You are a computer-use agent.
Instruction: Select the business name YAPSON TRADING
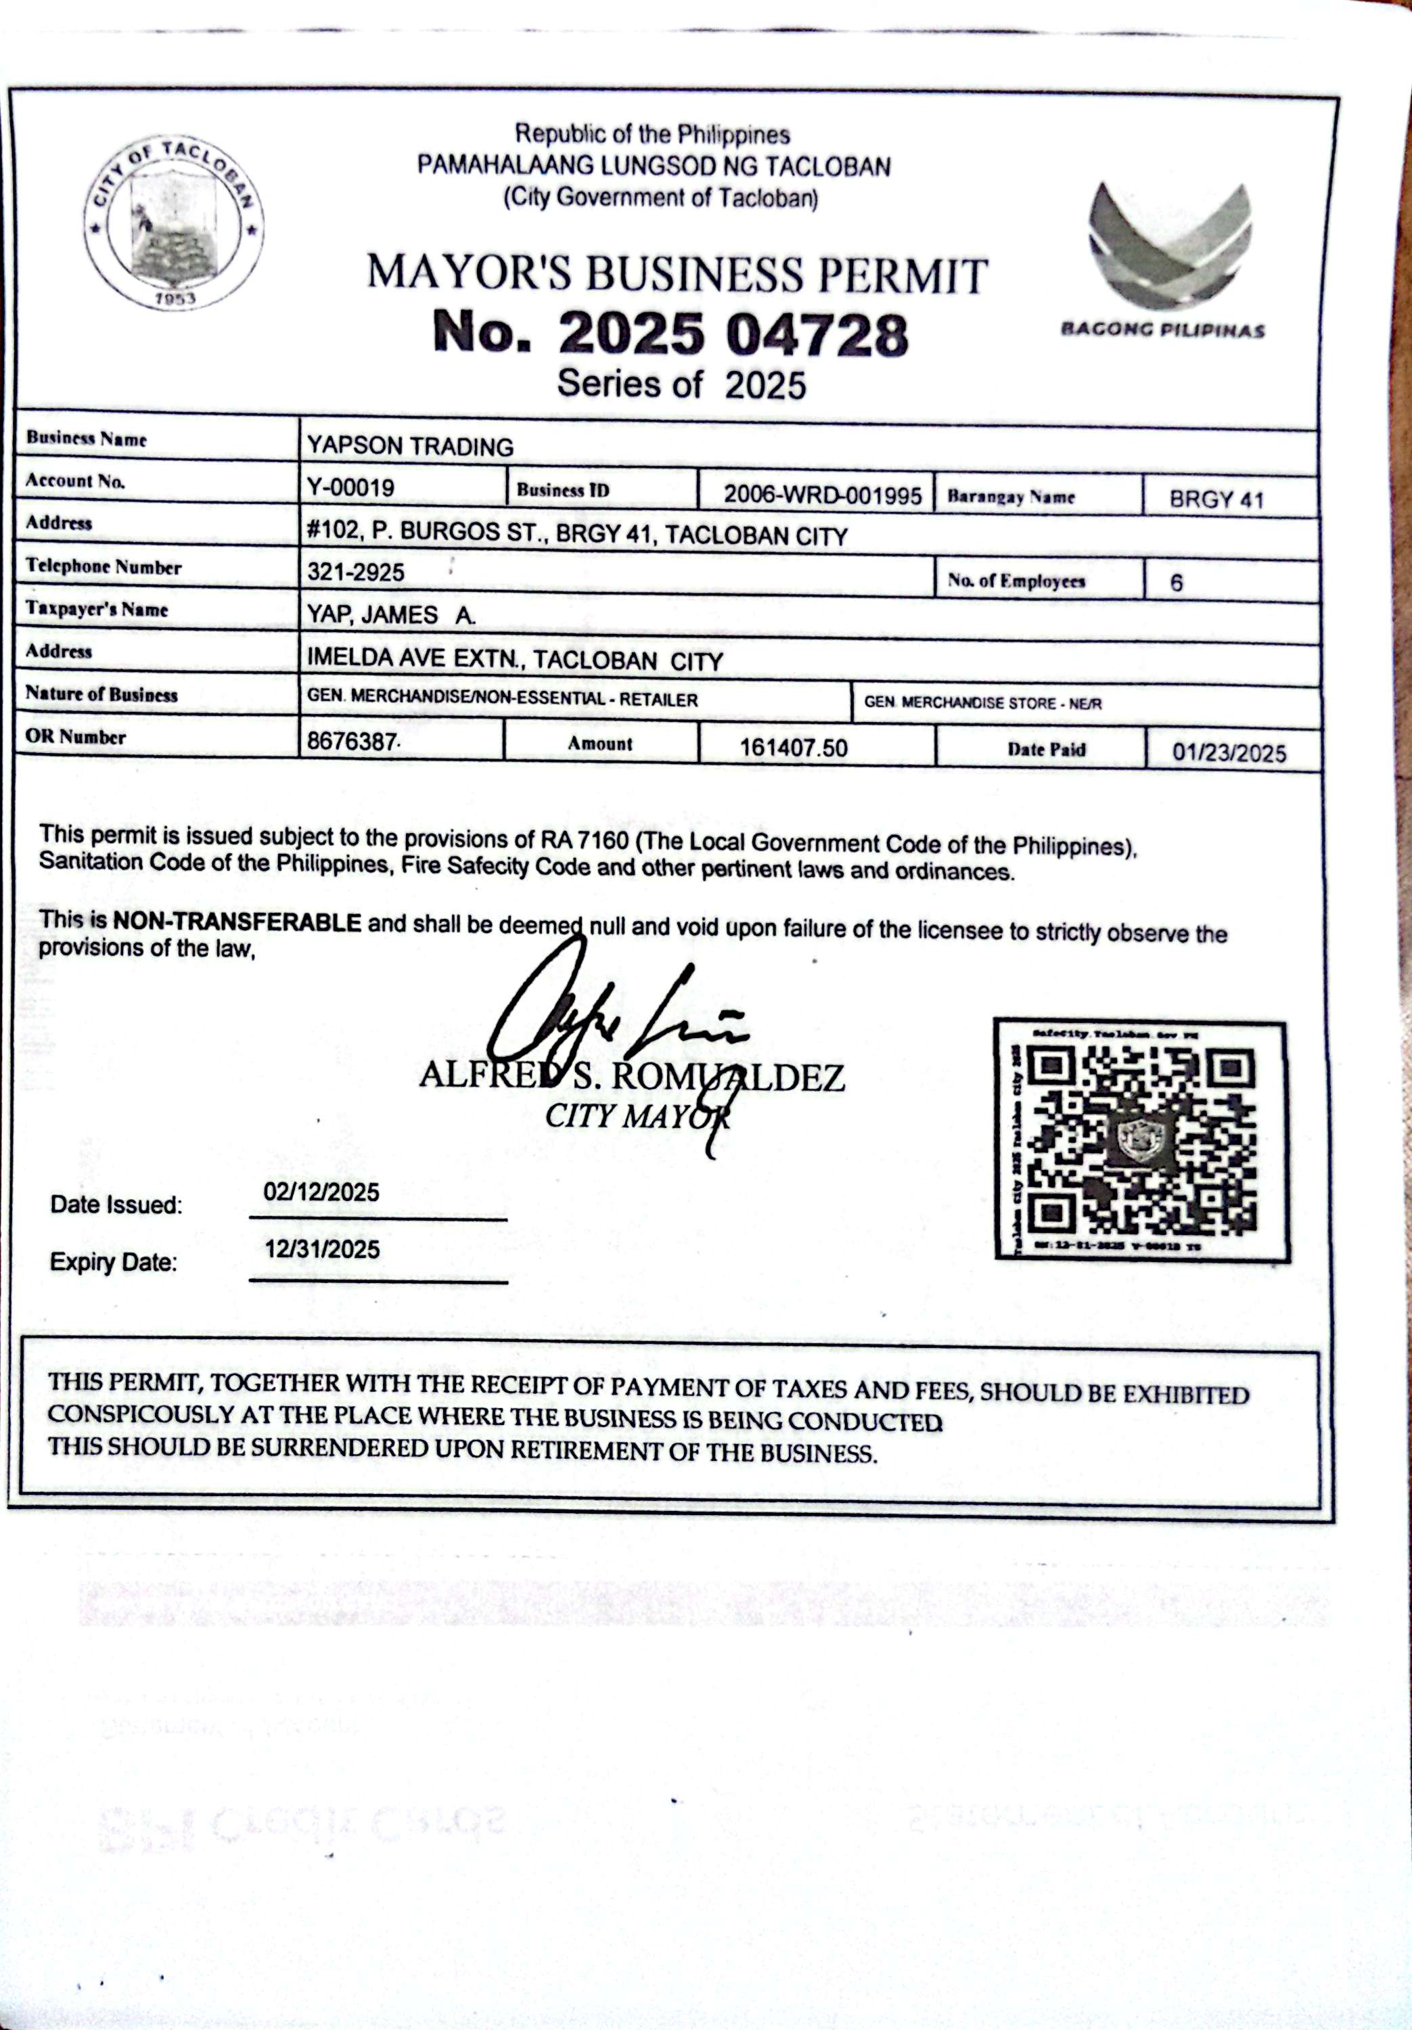pos(410,447)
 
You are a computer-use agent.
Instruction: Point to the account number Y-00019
pos(351,487)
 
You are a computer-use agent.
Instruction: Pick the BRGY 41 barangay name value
pos(1216,499)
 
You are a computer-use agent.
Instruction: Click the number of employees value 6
pos(1176,583)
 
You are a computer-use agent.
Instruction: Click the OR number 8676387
pos(351,741)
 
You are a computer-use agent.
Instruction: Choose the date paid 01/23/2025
pos(1229,752)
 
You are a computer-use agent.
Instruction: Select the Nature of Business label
pos(101,694)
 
